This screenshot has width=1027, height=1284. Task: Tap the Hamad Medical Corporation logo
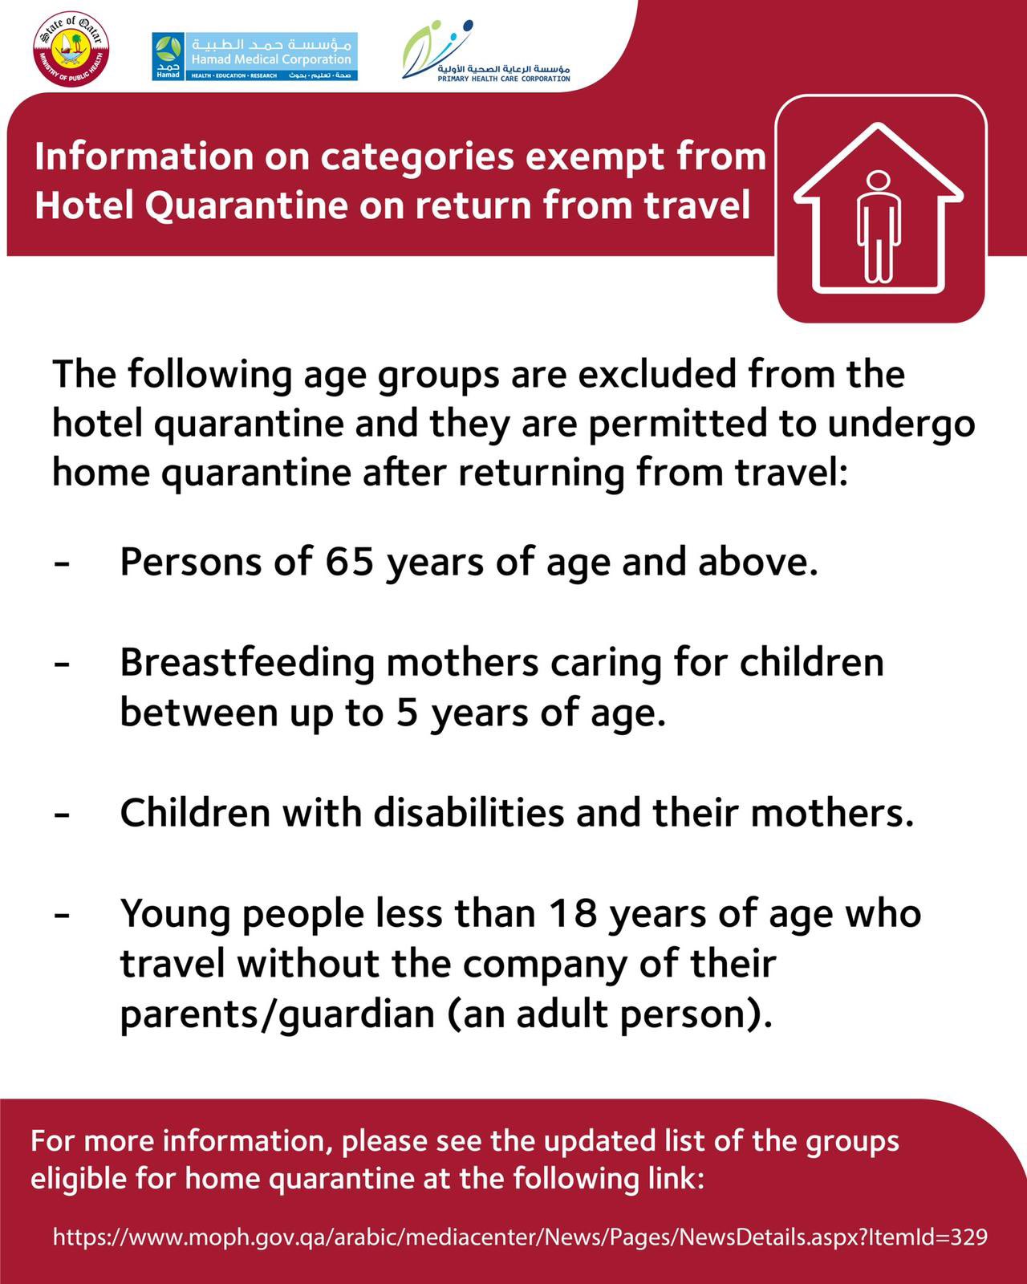(x=255, y=56)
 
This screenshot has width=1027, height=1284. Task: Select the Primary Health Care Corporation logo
(x=486, y=53)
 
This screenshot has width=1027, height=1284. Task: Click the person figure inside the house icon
(x=879, y=226)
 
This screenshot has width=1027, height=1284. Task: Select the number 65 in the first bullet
(x=349, y=562)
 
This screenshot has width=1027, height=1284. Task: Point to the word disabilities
(x=469, y=813)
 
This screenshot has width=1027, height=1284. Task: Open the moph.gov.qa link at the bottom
(x=520, y=1237)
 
